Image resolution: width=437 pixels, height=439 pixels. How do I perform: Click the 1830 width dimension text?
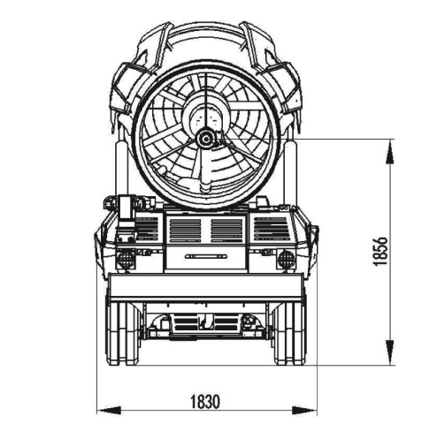pos(205,402)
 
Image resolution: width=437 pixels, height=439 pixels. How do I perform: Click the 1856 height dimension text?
pos(380,252)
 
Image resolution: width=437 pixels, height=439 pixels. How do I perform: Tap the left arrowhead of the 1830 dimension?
pos(109,410)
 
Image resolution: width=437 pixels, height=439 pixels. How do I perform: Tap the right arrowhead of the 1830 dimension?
pos(304,410)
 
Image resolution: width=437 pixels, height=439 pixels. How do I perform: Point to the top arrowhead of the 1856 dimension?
pos(390,151)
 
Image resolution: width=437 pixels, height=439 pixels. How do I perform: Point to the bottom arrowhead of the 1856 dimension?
pos(390,352)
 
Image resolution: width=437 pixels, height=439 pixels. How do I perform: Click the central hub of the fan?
pos(205,139)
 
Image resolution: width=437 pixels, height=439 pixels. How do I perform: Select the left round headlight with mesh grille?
pos(126,259)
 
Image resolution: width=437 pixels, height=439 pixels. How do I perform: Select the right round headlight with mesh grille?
pos(285,258)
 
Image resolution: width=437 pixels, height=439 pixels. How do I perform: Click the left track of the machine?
pos(122,334)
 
